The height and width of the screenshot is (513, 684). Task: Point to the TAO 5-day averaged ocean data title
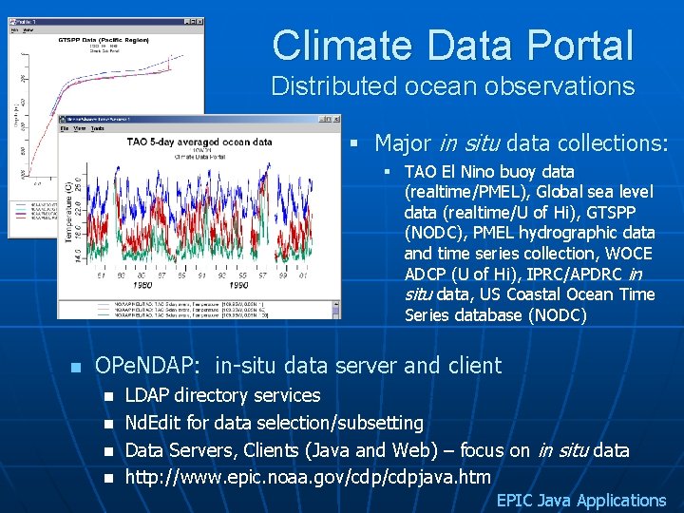pyautogui.click(x=199, y=142)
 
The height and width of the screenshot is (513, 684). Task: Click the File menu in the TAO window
pyautogui.click(x=65, y=128)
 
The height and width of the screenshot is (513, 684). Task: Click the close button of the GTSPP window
pyautogui.click(x=199, y=21)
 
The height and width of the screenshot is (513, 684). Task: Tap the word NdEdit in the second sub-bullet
pyautogui.click(x=155, y=423)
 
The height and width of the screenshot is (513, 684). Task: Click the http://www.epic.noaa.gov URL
pyautogui.click(x=308, y=477)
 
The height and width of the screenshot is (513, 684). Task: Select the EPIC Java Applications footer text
pyautogui.click(x=580, y=501)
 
